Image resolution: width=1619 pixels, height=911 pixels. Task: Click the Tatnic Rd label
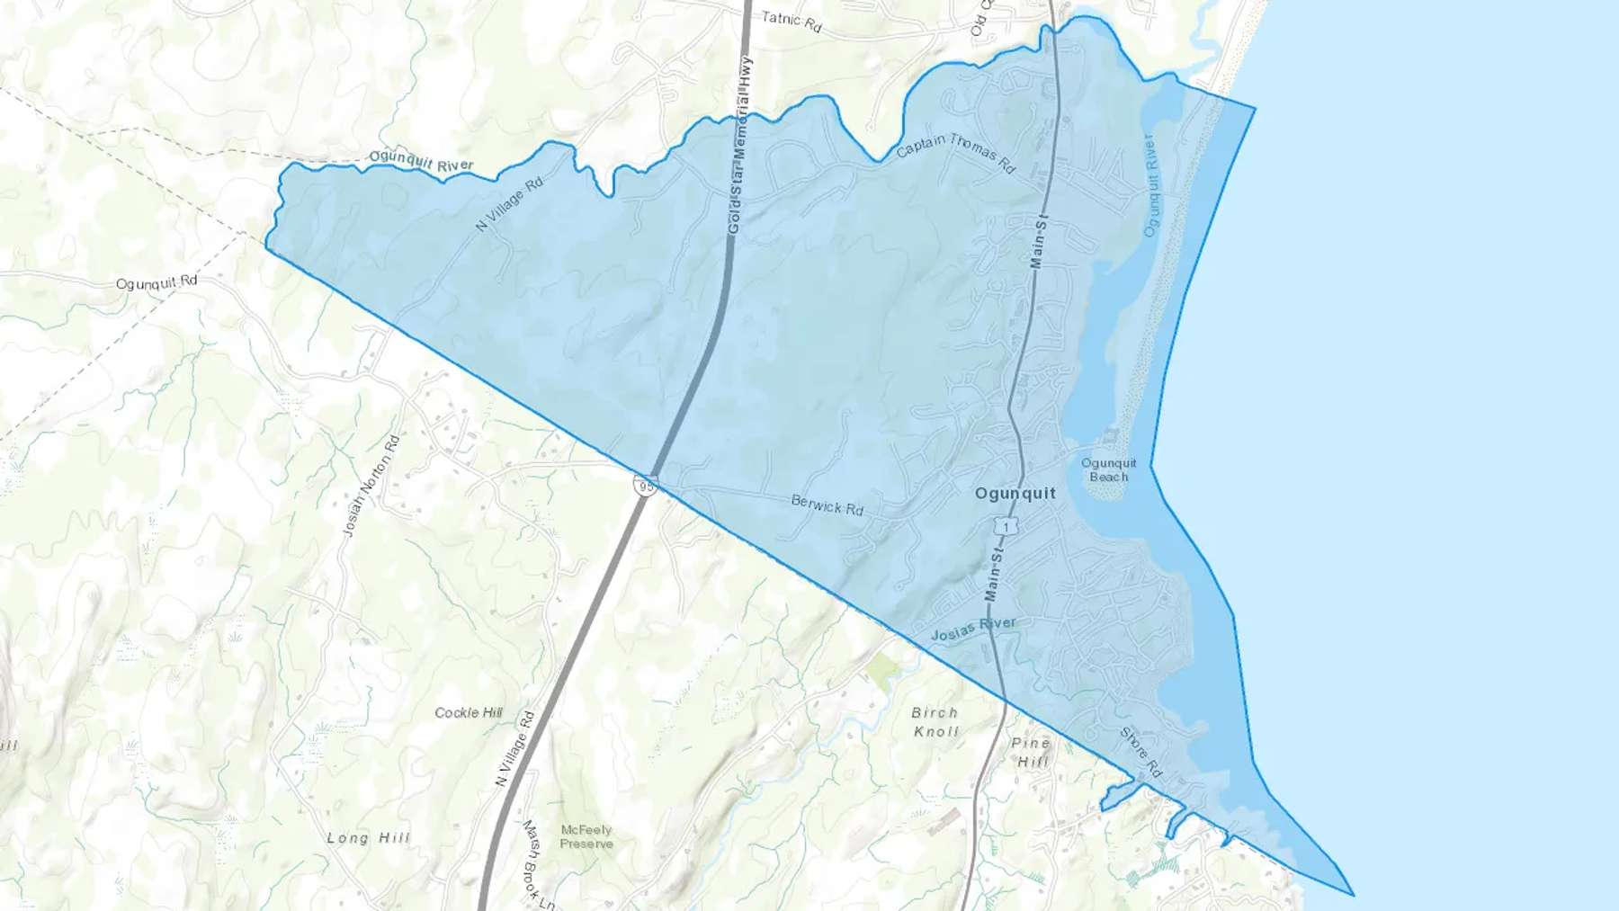click(791, 22)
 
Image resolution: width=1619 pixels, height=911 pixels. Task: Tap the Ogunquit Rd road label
click(157, 282)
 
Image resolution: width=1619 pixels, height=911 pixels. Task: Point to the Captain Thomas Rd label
click(955, 154)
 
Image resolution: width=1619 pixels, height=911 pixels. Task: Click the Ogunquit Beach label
click(1108, 469)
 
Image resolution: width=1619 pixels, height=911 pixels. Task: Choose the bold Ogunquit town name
click(1015, 494)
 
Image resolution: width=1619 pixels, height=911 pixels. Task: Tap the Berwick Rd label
click(827, 505)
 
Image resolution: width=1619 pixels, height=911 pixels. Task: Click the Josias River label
click(973, 629)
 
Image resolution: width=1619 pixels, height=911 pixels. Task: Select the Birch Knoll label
click(935, 721)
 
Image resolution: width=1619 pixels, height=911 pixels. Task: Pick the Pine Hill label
click(1031, 752)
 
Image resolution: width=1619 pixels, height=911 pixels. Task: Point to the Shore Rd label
click(1141, 752)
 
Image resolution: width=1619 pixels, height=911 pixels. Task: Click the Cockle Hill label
click(469, 712)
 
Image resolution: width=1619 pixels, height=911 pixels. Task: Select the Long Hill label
click(368, 837)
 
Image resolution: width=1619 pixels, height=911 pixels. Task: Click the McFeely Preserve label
click(586, 836)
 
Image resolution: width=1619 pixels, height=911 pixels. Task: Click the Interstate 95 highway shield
click(645, 486)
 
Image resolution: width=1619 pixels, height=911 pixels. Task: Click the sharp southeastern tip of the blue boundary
click(1353, 895)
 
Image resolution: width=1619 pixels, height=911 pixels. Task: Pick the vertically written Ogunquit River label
click(1149, 185)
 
